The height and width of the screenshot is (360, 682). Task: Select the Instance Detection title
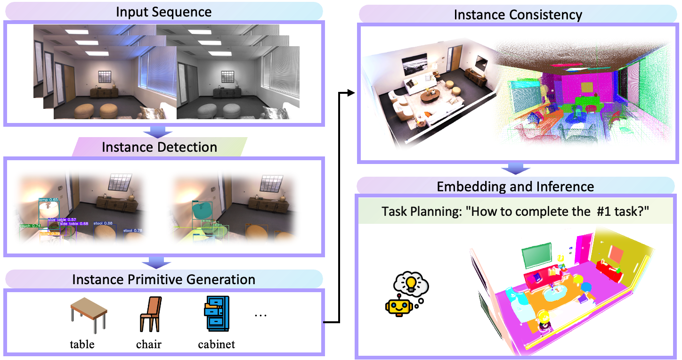click(159, 147)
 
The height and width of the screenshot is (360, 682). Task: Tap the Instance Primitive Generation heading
click(163, 279)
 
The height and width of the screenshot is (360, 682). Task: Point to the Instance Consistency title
click(518, 14)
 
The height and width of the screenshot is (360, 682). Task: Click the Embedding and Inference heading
click(515, 186)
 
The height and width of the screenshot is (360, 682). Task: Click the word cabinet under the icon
click(216, 344)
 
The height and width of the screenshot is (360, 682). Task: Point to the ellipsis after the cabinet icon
click(260, 315)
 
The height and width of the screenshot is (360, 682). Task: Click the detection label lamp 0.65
click(49, 200)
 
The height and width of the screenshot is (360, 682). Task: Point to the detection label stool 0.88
click(103, 223)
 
